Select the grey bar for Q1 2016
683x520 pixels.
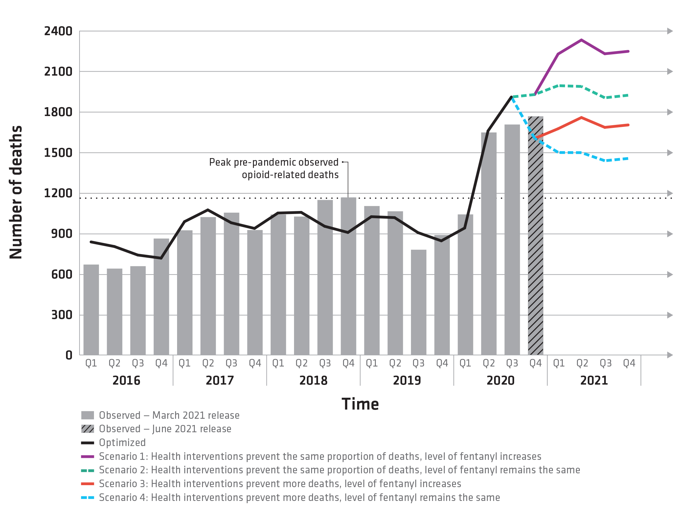click(91, 309)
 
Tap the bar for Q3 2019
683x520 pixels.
click(419, 302)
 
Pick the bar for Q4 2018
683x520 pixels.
click(348, 276)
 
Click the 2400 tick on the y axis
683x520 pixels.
click(58, 31)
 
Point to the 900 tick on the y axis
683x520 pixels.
click(61, 234)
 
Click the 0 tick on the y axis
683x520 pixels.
click(69, 355)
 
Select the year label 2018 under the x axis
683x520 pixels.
click(313, 380)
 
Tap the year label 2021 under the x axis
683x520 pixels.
click(594, 380)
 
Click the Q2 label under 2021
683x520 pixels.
click(582, 363)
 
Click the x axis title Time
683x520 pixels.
click(360, 404)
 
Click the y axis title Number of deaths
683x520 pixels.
click(15, 192)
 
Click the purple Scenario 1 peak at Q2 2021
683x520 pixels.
click(581, 40)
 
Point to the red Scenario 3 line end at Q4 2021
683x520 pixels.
click(628, 125)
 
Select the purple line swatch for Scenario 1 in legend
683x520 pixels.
click(87, 457)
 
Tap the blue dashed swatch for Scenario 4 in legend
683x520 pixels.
click(87, 498)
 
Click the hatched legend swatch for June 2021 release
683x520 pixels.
click(87, 429)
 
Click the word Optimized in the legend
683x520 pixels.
click(122, 443)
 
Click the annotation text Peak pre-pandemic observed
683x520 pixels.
click(273, 162)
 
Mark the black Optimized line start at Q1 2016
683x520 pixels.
click(91, 242)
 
